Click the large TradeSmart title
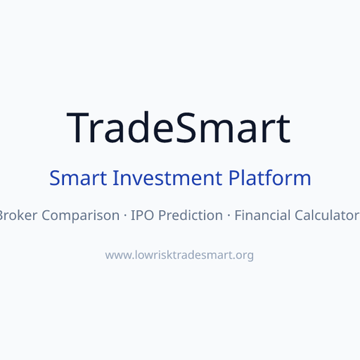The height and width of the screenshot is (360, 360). [179, 127]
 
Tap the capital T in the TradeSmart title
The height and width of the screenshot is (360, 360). [79, 127]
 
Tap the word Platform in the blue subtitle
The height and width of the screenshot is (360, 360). [269, 178]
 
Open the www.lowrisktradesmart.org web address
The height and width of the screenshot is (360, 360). [179, 255]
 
